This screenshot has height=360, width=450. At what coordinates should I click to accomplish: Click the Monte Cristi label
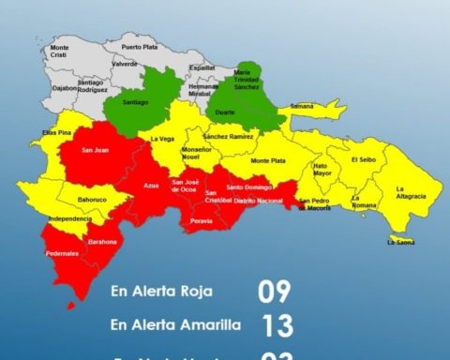pyautogui.click(x=59, y=51)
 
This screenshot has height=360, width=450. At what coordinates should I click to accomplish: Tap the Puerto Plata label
pyautogui.click(x=139, y=47)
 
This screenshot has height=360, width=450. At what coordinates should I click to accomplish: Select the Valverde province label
pyautogui.click(x=125, y=64)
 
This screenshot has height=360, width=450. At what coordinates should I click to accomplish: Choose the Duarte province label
pyautogui.click(x=226, y=112)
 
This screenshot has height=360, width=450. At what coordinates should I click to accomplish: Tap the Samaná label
pyautogui.click(x=303, y=106)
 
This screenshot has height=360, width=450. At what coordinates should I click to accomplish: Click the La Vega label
pyautogui.click(x=162, y=139)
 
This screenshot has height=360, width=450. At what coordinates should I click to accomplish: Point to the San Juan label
pyautogui.click(x=95, y=149)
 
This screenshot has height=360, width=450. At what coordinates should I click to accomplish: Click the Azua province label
pyautogui.click(x=151, y=187)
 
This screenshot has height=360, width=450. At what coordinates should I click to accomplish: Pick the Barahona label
pyautogui.click(x=103, y=242)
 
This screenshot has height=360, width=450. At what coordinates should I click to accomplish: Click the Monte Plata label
pyautogui.click(x=267, y=160)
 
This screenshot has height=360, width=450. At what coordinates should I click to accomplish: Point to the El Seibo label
pyautogui.click(x=363, y=159)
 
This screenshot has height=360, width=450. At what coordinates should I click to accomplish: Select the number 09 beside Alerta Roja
pyautogui.click(x=275, y=292)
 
